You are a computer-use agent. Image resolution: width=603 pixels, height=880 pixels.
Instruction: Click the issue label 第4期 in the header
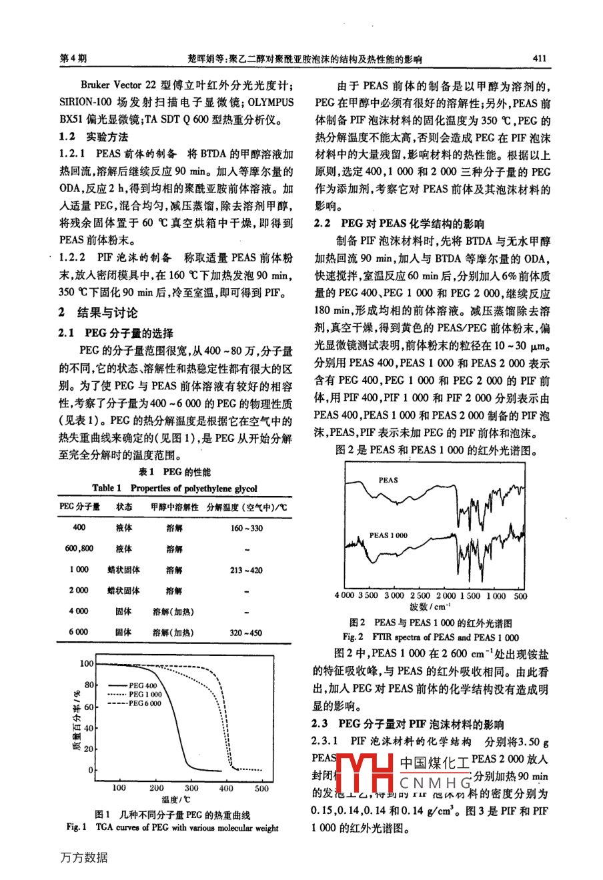coord(73,59)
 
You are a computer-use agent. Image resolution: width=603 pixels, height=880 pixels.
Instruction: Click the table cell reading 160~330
coord(246,528)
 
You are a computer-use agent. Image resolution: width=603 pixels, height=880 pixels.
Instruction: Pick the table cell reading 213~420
coord(246,570)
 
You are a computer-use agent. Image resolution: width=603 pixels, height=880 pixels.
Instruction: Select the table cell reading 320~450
coord(246,632)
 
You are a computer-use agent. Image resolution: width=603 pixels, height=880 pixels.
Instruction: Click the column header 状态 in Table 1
coord(124,507)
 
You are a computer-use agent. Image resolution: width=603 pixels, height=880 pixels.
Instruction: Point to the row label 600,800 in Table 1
coord(79,549)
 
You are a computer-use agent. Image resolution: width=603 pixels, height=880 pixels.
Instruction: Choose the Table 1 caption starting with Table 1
coord(174,488)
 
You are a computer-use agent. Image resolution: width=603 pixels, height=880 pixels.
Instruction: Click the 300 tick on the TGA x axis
coord(191,788)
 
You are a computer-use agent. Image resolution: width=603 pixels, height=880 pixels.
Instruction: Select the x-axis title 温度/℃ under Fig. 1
coord(175,799)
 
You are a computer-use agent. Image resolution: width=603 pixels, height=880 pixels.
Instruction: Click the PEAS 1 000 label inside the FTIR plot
coord(388,535)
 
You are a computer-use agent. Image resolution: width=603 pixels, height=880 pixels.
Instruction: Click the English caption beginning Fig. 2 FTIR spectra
coord(430,637)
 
